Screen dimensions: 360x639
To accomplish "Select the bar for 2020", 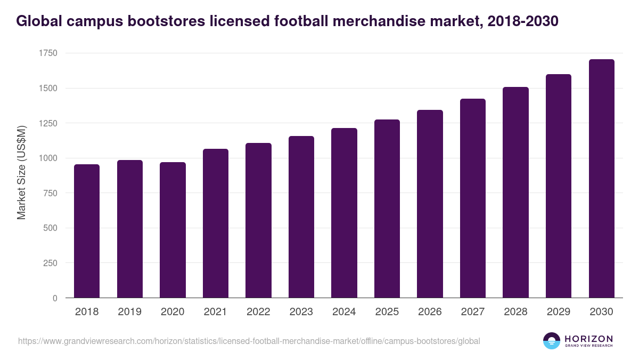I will click(173, 230).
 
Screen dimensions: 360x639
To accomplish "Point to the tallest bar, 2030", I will click(601, 179).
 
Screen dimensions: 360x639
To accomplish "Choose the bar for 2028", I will click(515, 193).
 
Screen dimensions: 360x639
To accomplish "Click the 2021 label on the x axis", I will click(216, 312).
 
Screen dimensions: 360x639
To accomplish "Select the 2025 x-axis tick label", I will click(387, 312).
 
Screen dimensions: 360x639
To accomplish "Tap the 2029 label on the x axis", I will click(558, 312).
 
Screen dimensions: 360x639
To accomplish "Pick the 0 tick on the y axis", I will click(55, 299).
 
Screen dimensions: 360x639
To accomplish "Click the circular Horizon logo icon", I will click(552, 341).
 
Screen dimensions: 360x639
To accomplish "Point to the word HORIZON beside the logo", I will click(588, 338).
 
